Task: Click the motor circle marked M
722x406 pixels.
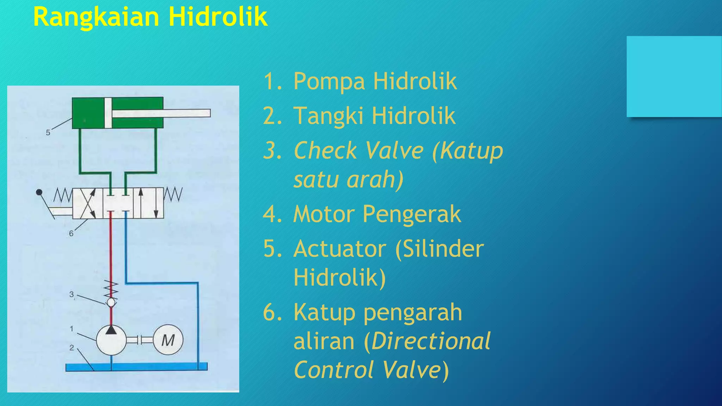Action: coord(168,340)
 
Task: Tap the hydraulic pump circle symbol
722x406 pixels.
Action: coord(111,340)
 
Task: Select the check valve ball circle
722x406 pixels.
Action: coord(111,302)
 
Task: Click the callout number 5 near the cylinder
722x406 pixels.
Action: coord(48,133)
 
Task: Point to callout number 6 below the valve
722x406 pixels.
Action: coord(71,233)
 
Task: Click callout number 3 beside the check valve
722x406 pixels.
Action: coord(72,294)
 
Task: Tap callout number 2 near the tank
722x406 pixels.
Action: coord(72,348)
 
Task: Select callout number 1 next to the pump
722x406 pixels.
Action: coord(72,328)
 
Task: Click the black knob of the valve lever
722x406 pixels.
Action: coord(39,192)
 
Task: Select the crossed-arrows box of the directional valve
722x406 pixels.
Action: coord(87,203)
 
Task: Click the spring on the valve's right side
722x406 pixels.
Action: coord(173,195)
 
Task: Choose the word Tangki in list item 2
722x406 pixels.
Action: coord(328,116)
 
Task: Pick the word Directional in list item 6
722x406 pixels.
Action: coord(430,341)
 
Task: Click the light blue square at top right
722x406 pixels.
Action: coord(674,76)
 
